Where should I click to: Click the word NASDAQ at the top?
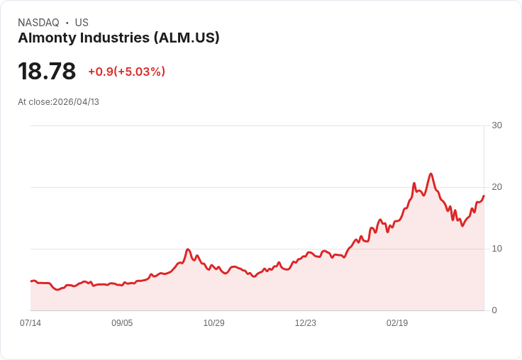click(x=38, y=23)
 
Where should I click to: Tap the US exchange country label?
click(x=82, y=23)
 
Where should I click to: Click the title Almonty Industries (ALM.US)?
click(x=118, y=38)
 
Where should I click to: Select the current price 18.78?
click(x=47, y=72)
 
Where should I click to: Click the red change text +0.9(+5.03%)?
click(x=126, y=72)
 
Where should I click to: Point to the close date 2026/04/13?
click(x=76, y=102)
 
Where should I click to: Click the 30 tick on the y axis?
click(x=496, y=125)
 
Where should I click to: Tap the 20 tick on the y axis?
click(x=496, y=187)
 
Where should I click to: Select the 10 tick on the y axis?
click(x=496, y=249)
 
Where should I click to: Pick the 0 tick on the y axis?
click(x=494, y=310)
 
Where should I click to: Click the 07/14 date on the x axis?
click(x=30, y=323)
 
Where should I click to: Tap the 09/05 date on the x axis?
click(x=122, y=323)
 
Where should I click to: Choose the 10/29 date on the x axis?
click(x=213, y=323)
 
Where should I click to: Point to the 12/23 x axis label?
click(x=305, y=323)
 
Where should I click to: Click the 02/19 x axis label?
click(x=397, y=323)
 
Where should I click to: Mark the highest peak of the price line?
click(x=431, y=174)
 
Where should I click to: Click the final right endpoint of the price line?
click(x=484, y=196)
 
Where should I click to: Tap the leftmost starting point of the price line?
click(x=31, y=281)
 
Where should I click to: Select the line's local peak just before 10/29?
click(x=188, y=249)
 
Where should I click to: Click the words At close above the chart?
click(x=34, y=102)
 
